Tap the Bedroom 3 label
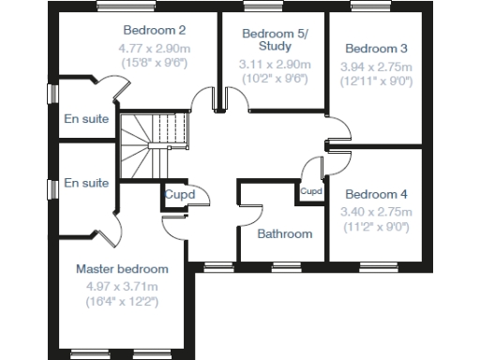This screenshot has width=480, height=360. coord(375,48)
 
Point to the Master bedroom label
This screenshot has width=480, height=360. coord(122,269)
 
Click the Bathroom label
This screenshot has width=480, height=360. coord(285,233)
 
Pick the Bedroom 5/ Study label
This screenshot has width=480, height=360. coord(268,40)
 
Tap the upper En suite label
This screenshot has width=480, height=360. coord(87,119)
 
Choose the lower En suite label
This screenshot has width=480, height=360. coord(87,183)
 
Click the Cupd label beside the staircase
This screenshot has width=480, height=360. coord(180,195)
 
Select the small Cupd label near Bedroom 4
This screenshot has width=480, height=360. coord(311,191)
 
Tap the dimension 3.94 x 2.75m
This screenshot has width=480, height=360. coord(375,67)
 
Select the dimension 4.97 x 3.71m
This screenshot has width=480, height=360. coord(122,286)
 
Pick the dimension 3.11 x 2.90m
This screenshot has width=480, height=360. coord(268,64)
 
